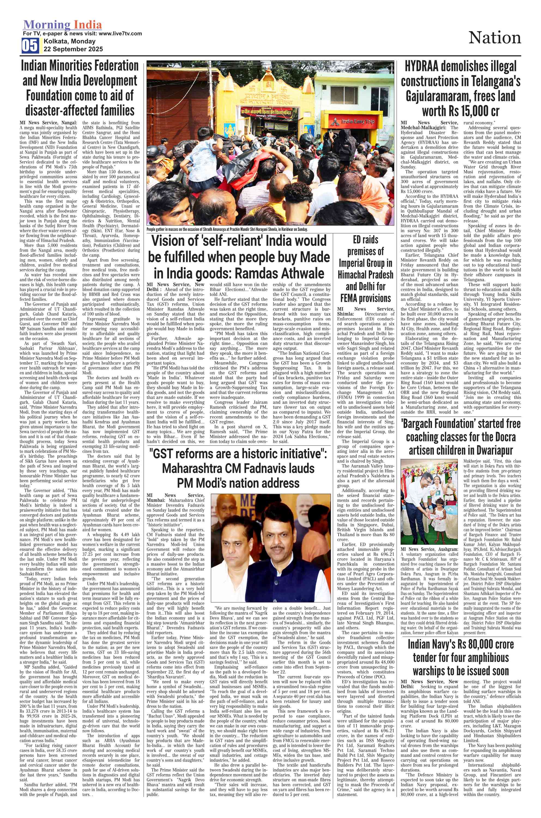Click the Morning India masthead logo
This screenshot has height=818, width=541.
(62, 25)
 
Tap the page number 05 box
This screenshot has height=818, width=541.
(30, 45)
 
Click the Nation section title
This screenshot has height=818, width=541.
(494, 38)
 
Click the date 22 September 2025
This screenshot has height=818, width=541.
(73, 49)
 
